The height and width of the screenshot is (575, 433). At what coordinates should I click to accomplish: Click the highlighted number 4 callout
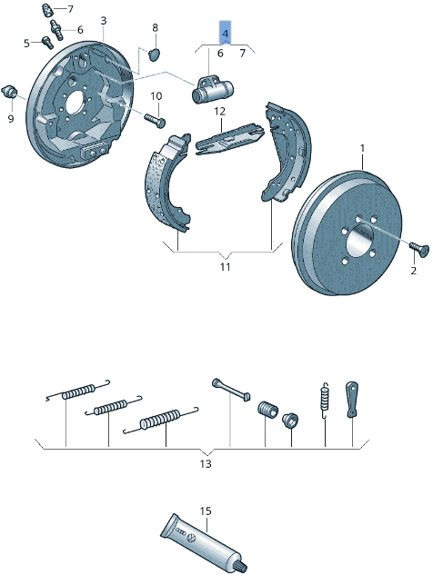[x=225, y=34]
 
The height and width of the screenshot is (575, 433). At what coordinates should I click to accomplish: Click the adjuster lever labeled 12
[x=227, y=134]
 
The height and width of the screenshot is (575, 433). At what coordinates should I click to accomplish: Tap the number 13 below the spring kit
[x=206, y=463]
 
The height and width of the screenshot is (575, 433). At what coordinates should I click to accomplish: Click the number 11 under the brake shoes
[x=225, y=267]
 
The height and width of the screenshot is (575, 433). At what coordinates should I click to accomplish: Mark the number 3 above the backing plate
[x=103, y=20]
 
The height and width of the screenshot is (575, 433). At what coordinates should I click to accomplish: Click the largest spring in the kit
[x=162, y=420]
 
